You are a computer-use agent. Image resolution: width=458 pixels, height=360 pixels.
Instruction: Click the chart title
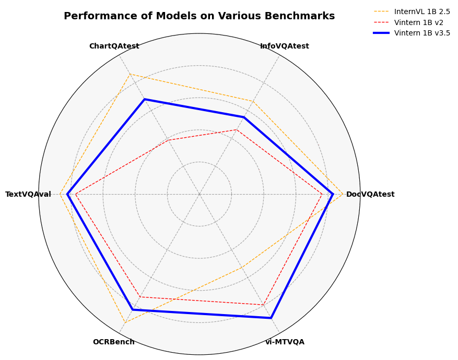click(x=199, y=16)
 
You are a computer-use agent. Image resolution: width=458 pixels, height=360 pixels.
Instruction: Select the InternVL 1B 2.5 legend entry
click(x=422, y=11)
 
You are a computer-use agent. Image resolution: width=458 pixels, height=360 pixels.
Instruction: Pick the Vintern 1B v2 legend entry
click(x=418, y=22)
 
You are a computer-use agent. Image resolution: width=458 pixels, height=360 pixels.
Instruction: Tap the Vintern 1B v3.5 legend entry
click(x=422, y=33)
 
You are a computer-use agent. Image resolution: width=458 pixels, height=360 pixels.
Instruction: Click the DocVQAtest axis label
click(x=370, y=195)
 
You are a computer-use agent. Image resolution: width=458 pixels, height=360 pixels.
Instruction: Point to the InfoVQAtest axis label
click(x=285, y=46)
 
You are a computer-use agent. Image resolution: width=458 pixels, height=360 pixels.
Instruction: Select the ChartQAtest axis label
click(x=114, y=46)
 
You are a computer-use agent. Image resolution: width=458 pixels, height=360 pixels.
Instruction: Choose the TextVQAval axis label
click(x=28, y=195)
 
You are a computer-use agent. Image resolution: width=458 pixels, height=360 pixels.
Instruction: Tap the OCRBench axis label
click(x=113, y=342)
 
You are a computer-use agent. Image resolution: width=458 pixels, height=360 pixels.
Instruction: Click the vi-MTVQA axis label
click(x=285, y=342)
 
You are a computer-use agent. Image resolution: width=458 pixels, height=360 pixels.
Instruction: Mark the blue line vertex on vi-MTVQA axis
click(x=271, y=318)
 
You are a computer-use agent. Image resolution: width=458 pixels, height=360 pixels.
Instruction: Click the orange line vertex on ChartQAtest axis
click(x=130, y=74)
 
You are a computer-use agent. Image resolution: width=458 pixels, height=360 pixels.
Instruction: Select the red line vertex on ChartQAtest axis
click(x=168, y=140)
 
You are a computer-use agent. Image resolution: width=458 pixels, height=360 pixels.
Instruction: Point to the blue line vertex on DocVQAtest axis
click(x=333, y=194)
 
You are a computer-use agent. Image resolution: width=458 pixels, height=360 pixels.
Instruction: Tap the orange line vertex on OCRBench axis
click(x=124, y=323)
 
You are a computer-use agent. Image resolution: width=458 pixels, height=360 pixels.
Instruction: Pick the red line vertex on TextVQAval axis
click(x=75, y=194)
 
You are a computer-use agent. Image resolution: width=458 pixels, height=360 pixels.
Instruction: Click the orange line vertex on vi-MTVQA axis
click(x=242, y=268)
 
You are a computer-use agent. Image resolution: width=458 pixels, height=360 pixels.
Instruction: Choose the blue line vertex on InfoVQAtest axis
click(x=244, y=117)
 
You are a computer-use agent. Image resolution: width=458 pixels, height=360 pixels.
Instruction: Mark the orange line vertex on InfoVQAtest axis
click(x=253, y=101)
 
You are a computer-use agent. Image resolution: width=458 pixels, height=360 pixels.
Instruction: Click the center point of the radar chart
click(x=199, y=194)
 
